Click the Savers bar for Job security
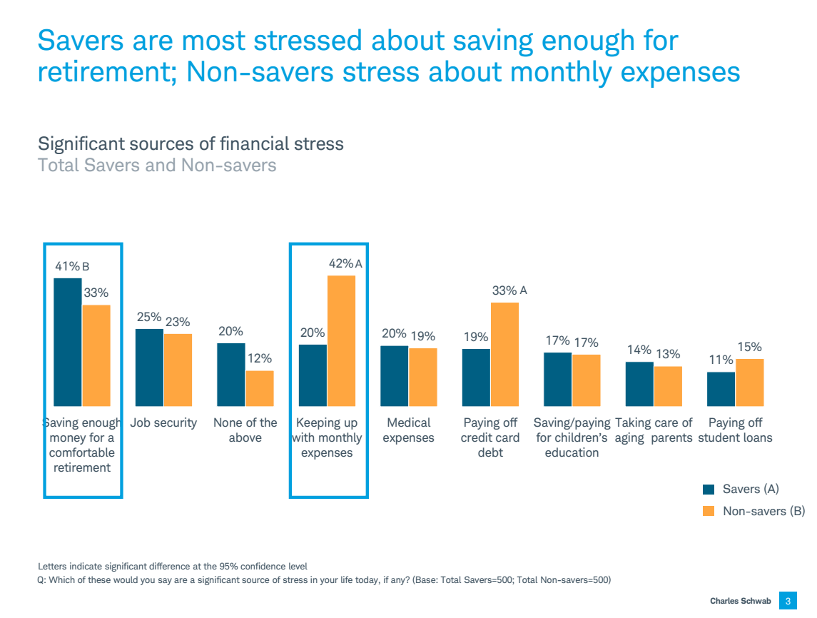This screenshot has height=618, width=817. [x=149, y=368]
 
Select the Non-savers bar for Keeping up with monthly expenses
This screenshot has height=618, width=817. [x=341, y=341]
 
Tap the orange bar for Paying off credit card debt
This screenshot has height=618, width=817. [x=504, y=355]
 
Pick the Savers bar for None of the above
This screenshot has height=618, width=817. [x=231, y=375]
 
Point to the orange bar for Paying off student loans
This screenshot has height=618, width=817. [x=749, y=383]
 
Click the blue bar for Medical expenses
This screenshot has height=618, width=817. [x=394, y=376]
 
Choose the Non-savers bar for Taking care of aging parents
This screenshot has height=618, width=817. [x=668, y=386]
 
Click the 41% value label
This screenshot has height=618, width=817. [x=68, y=266]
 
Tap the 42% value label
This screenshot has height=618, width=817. [x=340, y=263]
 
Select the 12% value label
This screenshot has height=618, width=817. [x=260, y=358]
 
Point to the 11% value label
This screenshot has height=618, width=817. [x=721, y=360]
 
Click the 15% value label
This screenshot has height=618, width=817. [x=749, y=347]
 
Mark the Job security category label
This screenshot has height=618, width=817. [x=163, y=422]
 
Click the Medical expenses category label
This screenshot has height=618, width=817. [x=408, y=430]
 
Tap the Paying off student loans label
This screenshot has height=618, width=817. [x=735, y=430]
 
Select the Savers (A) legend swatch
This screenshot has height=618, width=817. [x=709, y=490]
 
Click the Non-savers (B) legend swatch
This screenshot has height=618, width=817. [x=709, y=511]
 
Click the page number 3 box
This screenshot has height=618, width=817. [x=788, y=601]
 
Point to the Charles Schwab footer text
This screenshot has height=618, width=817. [x=741, y=601]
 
